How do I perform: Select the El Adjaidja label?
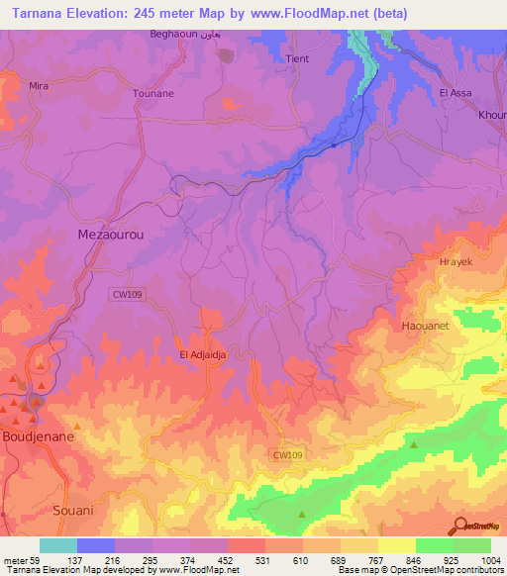click(203, 354)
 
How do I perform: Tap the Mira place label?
click(39, 87)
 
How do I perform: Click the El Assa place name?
click(456, 93)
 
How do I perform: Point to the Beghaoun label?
click(173, 34)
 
